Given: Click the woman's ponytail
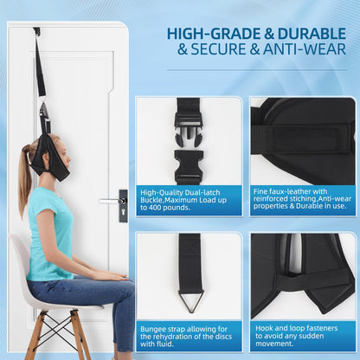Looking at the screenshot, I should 25,177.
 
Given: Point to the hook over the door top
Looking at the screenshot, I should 36,32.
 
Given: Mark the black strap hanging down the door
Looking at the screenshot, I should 39,74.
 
